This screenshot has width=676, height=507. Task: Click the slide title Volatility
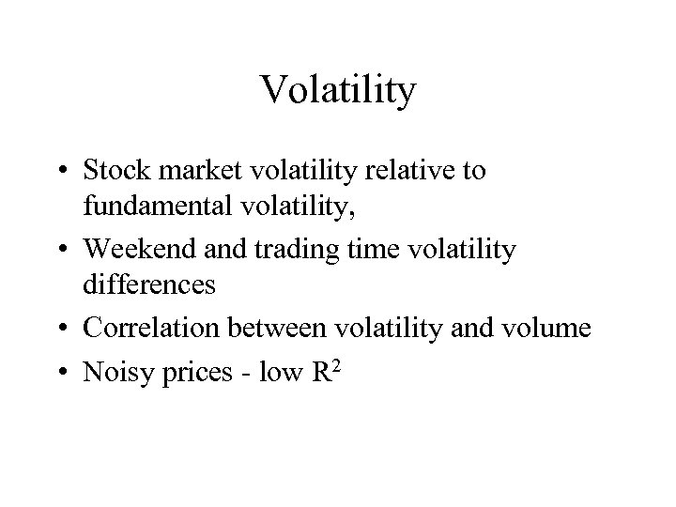[x=338, y=91]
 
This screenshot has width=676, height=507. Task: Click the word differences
[x=149, y=284]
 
